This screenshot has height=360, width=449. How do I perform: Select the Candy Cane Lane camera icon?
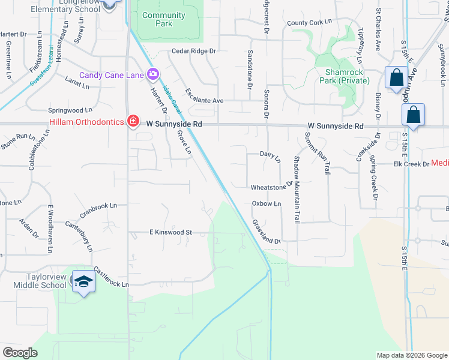[153, 74]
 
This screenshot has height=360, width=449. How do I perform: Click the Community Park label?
[164, 19]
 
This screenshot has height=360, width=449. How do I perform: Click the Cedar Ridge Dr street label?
[193, 52]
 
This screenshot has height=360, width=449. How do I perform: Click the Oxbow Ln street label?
[266, 204]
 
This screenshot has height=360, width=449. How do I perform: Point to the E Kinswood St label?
[170, 232]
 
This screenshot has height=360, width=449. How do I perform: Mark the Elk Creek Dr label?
[411, 164]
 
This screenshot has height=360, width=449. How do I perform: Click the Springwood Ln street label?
[71, 110]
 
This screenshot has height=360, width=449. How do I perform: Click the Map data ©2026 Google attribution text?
[411, 355]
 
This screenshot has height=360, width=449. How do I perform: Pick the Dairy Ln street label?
[270, 157]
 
